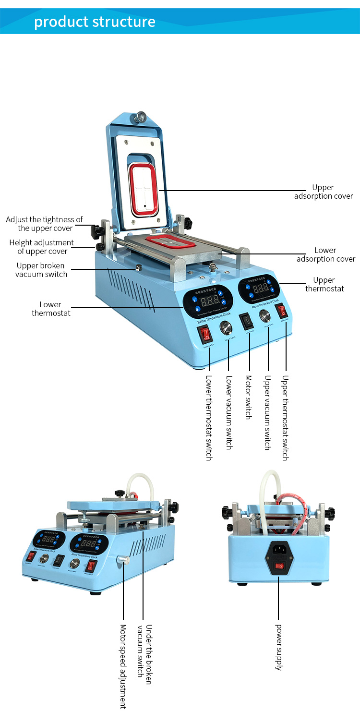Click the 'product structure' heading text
point(95,22)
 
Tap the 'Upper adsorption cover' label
point(323,192)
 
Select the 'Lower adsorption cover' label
point(325,254)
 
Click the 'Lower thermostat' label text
point(51,309)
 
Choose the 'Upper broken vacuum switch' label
point(41,270)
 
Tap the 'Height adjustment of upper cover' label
point(42,247)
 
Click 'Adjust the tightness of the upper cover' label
point(45,224)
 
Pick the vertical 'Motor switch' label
point(248,398)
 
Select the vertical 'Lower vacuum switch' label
point(229,412)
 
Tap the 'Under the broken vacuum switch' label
point(144,651)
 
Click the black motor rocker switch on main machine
point(246,319)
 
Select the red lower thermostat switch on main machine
point(205,334)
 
